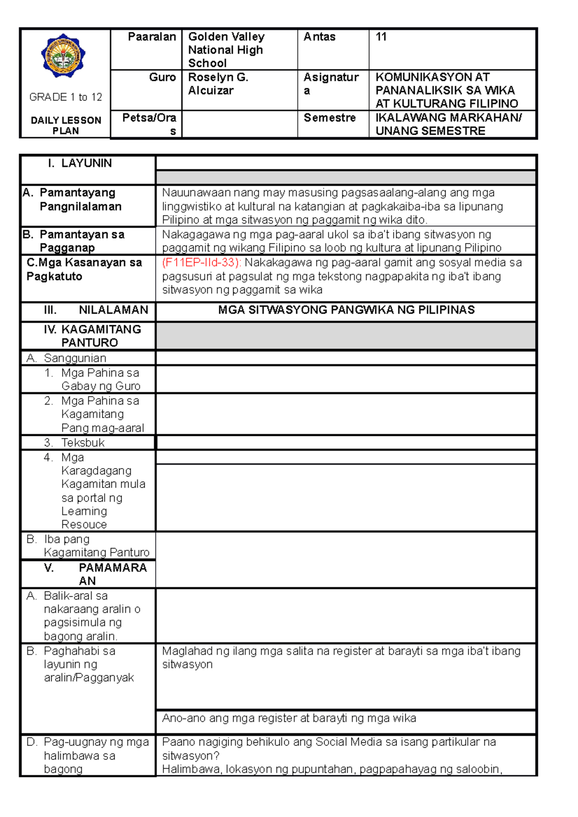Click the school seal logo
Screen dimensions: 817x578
pyautogui.click(x=63, y=56)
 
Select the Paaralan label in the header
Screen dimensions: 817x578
pyautogui.click(x=152, y=37)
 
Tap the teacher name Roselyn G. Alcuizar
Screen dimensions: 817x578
pyautogui.click(x=218, y=84)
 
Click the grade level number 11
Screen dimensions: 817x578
pyautogui.click(x=381, y=37)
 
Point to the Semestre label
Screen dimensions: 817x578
pyautogui.click(x=329, y=118)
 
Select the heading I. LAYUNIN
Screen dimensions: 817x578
pyautogui.click(x=80, y=164)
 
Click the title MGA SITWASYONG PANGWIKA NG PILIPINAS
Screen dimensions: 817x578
pyautogui.click(x=346, y=310)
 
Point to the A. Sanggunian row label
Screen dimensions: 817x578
pyautogui.click(x=66, y=358)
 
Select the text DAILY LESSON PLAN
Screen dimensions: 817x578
pyautogui.click(x=66, y=126)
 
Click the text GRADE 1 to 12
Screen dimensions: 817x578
pyautogui.click(x=66, y=97)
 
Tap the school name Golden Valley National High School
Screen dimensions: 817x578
pyautogui.click(x=225, y=50)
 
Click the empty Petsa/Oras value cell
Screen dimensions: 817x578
pyautogui.click(x=239, y=125)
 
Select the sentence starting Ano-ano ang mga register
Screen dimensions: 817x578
pyautogui.click(x=289, y=718)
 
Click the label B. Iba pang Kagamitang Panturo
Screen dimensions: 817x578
pyautogui.click(x=89, y=546)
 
